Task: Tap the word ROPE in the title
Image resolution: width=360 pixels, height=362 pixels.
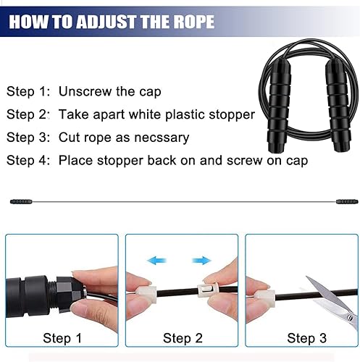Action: pyautogui.click(x=190, y=21)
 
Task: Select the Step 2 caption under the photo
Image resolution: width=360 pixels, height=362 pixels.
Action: pyautogui.click(x=183, y=338)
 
